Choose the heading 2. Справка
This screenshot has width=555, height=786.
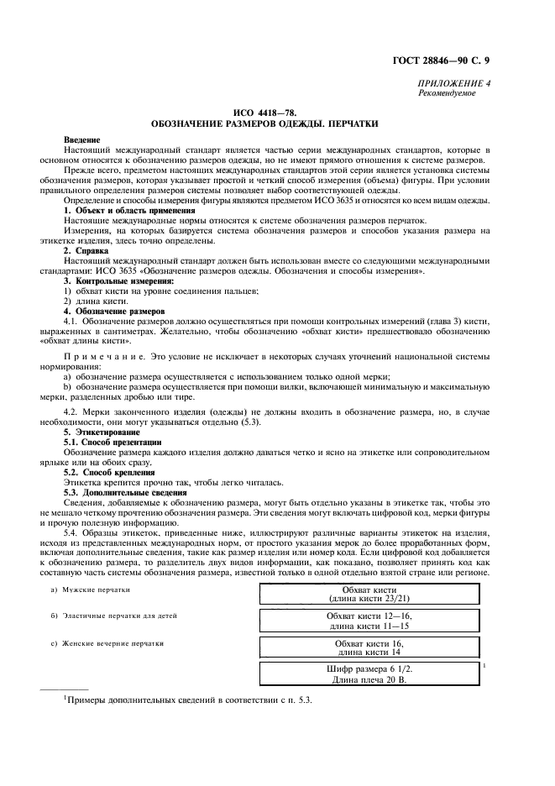[x=92, y=251]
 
